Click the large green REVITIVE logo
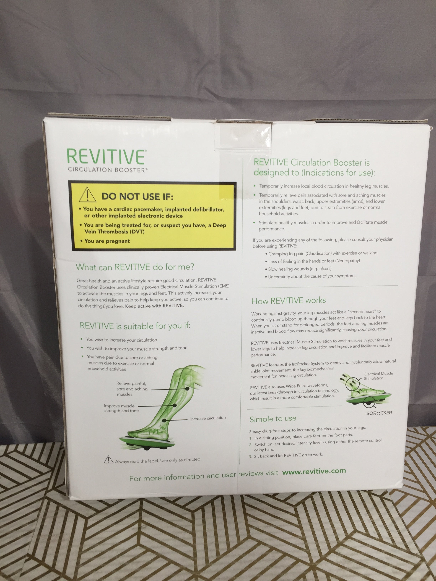tap(106, 157)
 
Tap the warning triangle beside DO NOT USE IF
tap(87, 195)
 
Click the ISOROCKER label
tap(378, 413)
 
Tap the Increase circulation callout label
tap(208, 418)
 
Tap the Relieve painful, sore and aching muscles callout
tap(132, 389)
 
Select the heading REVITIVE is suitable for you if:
tap(135, 326)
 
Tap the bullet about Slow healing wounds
tap(298, 269)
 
